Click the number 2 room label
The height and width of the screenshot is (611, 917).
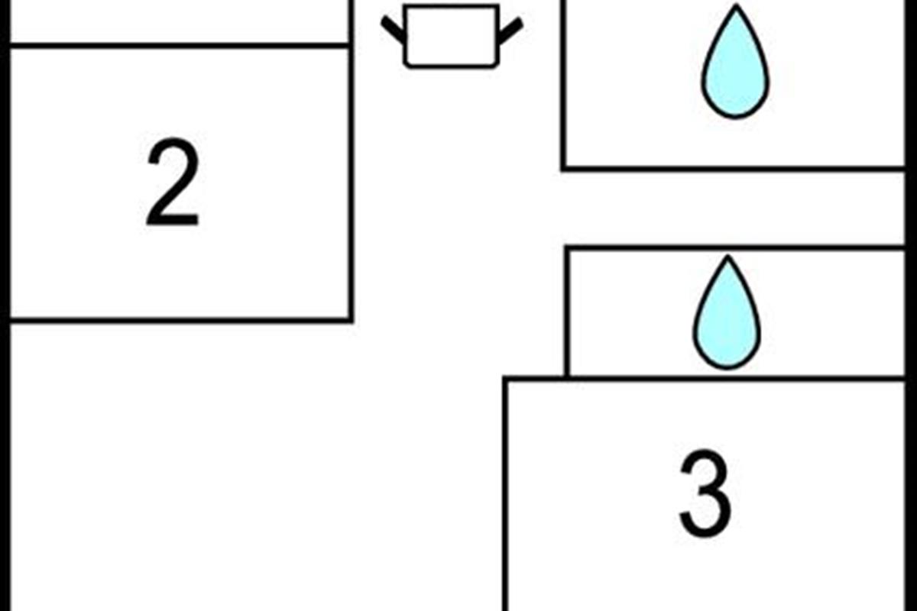click(173, 182)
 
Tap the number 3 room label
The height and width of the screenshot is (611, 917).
click(705, 493)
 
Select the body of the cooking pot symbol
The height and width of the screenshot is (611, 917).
click(452, 36)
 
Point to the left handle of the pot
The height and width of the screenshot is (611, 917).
click(393, 30)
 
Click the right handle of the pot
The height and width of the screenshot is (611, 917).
click(510, 31)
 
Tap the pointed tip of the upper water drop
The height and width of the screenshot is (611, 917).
click(737, 5)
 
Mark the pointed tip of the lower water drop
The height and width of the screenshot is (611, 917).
click(727, 256)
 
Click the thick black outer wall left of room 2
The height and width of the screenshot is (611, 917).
click(5, 305)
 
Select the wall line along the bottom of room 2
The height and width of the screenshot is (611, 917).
click(181, 320)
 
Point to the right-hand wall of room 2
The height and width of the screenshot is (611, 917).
click(351, 184)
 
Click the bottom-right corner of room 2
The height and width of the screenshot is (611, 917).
click(352, 321)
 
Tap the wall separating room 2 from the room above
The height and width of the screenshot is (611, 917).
click(179, 45)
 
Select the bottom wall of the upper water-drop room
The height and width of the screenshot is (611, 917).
click(733, 168)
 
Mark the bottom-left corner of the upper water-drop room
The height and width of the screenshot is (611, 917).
click(564, 168)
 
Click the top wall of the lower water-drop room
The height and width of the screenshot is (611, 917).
click(735, 248)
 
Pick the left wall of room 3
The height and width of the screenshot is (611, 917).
click(506, 493)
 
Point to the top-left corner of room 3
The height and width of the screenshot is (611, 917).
click(506, 379)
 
